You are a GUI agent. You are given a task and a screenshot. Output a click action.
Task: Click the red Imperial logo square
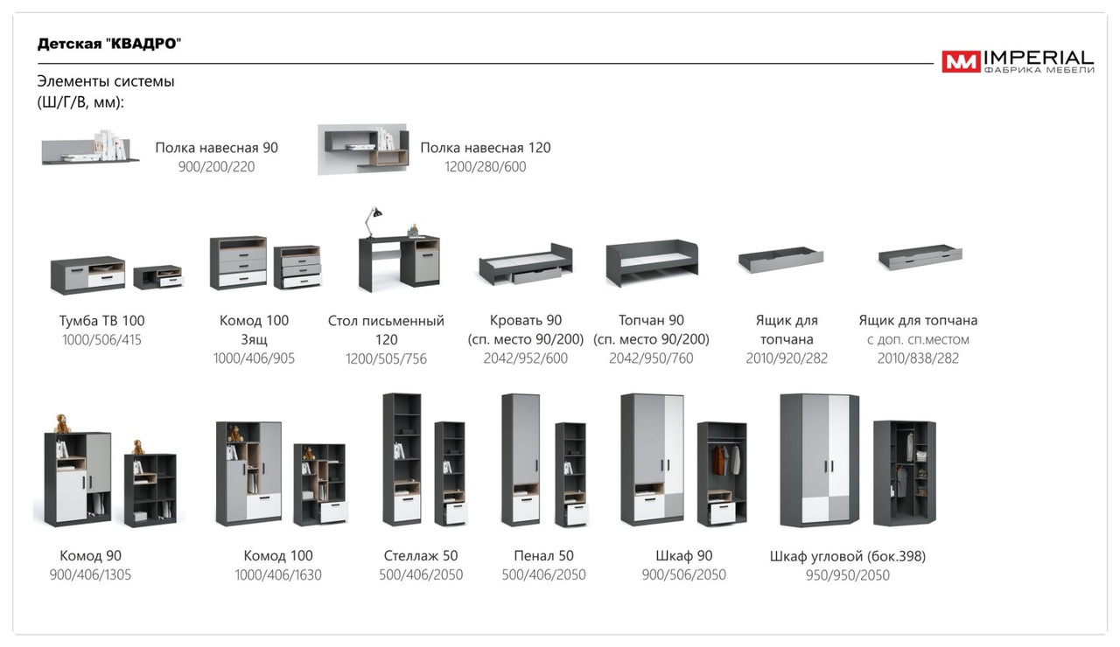tap(961, 61)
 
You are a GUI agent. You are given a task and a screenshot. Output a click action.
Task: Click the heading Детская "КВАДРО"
tap(109, 44)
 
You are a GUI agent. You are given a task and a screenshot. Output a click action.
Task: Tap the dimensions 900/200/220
tap(216, 166)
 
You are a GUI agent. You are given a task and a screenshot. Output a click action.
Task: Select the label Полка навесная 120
tap(485, 148)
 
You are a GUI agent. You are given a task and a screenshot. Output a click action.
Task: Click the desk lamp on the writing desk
tap(373, 221)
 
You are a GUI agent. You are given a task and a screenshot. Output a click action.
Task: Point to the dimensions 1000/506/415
tap(101, 340)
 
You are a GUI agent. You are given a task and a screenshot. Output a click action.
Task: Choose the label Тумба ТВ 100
tap(102, 320)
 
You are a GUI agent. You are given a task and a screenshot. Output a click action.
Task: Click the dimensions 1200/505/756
tap(386, 358)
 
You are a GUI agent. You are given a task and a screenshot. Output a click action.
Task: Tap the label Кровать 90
tap(526, 320)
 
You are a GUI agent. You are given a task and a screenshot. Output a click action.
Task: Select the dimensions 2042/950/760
tap(651, 358)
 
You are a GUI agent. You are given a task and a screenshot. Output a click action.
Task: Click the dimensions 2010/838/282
tap(918, 358)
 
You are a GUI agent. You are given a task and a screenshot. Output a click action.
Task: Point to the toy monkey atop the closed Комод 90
tap(62, 423)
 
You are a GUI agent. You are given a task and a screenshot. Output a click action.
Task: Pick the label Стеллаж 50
tap(421, 555)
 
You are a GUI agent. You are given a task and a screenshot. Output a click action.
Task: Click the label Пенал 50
tap(543, 555)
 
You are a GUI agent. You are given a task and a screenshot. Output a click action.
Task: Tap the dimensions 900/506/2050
tap(683, 574)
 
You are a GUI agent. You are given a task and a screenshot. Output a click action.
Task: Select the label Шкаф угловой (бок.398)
tap(848, 556)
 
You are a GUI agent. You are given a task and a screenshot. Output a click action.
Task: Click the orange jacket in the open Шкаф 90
tap(718, 460)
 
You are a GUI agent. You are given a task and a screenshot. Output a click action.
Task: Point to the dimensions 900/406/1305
tap(90, 574)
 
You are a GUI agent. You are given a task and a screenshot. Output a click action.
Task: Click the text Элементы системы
tap(106, 81)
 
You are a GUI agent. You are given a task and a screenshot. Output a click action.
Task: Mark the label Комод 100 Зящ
tap(254, 330)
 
